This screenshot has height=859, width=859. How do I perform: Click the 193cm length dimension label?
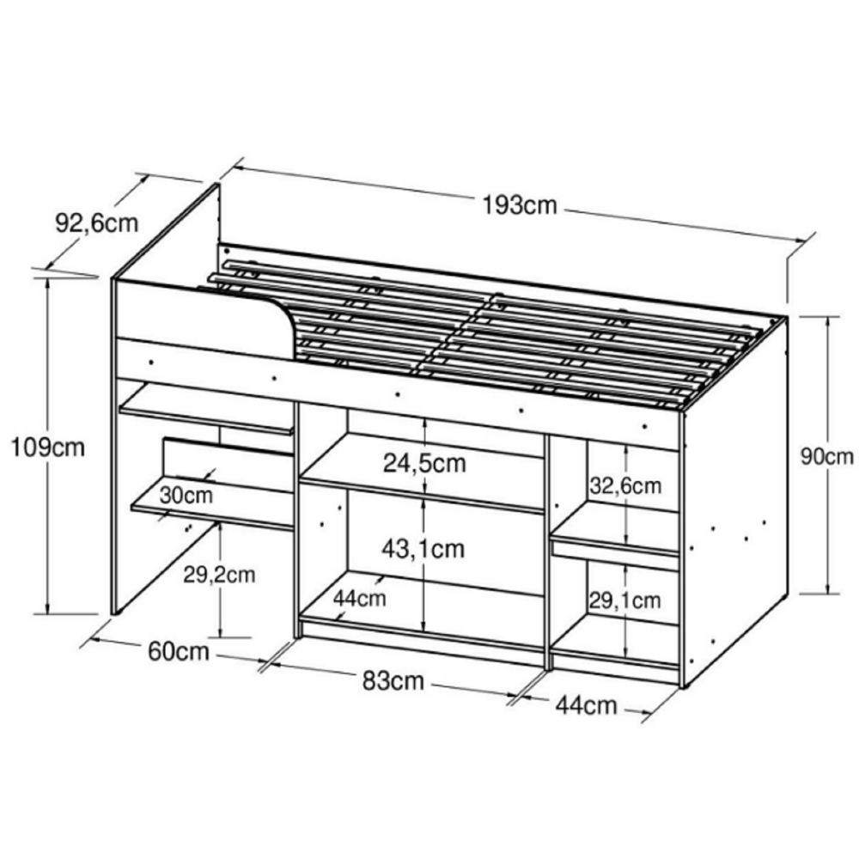pos(520,205)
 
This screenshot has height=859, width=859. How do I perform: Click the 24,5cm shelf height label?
pos(424,464)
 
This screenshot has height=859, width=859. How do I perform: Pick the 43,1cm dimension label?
pos(424,547)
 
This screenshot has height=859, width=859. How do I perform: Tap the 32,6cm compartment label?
pos(625,486)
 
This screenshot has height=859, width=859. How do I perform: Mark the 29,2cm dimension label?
pos(220,575)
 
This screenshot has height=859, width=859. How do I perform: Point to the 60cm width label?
pos(179,652)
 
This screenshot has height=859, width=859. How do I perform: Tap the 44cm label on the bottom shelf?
pos(359,597)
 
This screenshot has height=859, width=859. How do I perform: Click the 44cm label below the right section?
pos(587,705)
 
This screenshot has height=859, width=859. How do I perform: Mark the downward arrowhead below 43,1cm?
pos(424,626)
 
